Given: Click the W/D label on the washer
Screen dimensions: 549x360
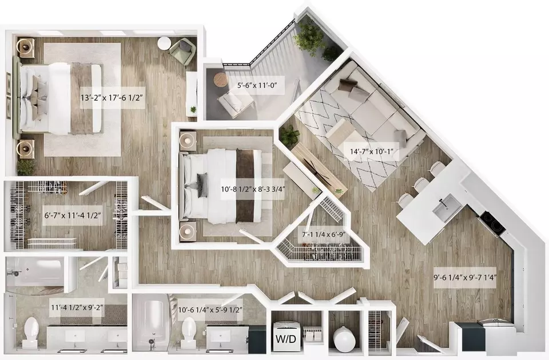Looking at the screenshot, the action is (x=286, y=339).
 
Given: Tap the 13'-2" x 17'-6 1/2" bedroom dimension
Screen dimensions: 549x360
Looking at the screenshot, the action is (x=112, y=98).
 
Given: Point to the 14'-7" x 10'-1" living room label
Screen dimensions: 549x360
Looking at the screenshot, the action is (x=372, y=152).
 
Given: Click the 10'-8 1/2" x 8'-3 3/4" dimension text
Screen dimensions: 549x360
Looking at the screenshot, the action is (x=253, y=190).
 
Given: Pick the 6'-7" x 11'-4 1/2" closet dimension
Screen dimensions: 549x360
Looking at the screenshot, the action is (x=73, y=215).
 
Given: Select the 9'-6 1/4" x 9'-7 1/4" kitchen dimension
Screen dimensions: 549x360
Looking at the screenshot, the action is (x=466, y=278).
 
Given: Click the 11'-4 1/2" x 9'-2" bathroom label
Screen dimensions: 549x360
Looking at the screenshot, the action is (x=77, y=307).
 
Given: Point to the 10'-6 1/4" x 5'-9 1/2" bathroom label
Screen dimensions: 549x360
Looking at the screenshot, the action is (x=210, y=310).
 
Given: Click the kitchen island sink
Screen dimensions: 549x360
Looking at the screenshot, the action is (x=447, y=209).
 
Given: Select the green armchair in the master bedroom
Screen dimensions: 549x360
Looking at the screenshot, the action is (x=182, y=51).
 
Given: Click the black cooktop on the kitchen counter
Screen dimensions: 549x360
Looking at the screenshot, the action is (x=492, y=223).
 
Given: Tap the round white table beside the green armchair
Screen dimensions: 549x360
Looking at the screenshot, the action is (x=164, y=43).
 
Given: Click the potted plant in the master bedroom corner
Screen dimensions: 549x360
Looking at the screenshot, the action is (x=26, y=167).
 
